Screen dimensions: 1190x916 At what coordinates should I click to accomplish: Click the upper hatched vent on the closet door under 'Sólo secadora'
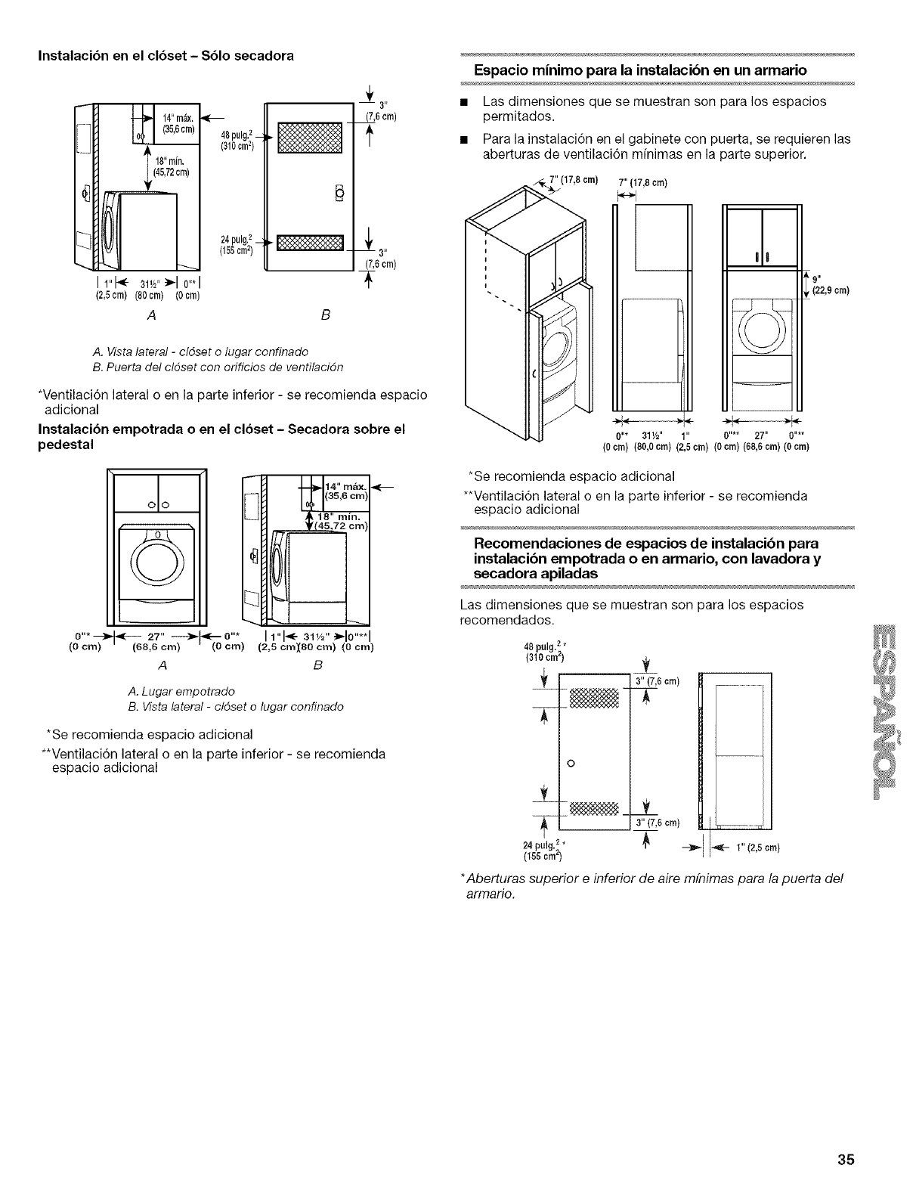(310, 138)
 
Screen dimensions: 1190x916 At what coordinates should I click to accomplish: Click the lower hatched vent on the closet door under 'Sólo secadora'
(310, 243)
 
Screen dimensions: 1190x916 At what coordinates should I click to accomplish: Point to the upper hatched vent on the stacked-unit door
(593, 695)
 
